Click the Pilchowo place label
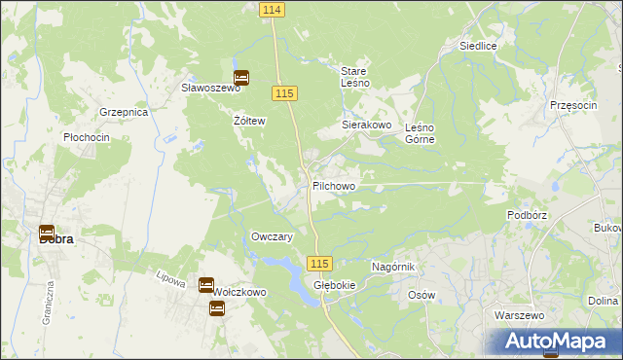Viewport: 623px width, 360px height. (334, 186)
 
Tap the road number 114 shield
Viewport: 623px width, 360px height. (272, 9)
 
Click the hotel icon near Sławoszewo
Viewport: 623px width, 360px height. (241, 78)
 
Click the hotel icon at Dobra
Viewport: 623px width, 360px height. (46, 234)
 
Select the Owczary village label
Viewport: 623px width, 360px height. (273, 237)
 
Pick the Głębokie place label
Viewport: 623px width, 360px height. (334, 285)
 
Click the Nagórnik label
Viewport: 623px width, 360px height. (394, 267)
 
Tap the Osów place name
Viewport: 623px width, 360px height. (421, 295)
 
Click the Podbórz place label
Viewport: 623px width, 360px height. (530, 215)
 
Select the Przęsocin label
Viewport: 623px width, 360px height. (572, 105)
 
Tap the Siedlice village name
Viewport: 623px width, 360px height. (479, 46)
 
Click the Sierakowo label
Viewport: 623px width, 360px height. (366, 126)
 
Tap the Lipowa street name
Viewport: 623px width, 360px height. (171, 278)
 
